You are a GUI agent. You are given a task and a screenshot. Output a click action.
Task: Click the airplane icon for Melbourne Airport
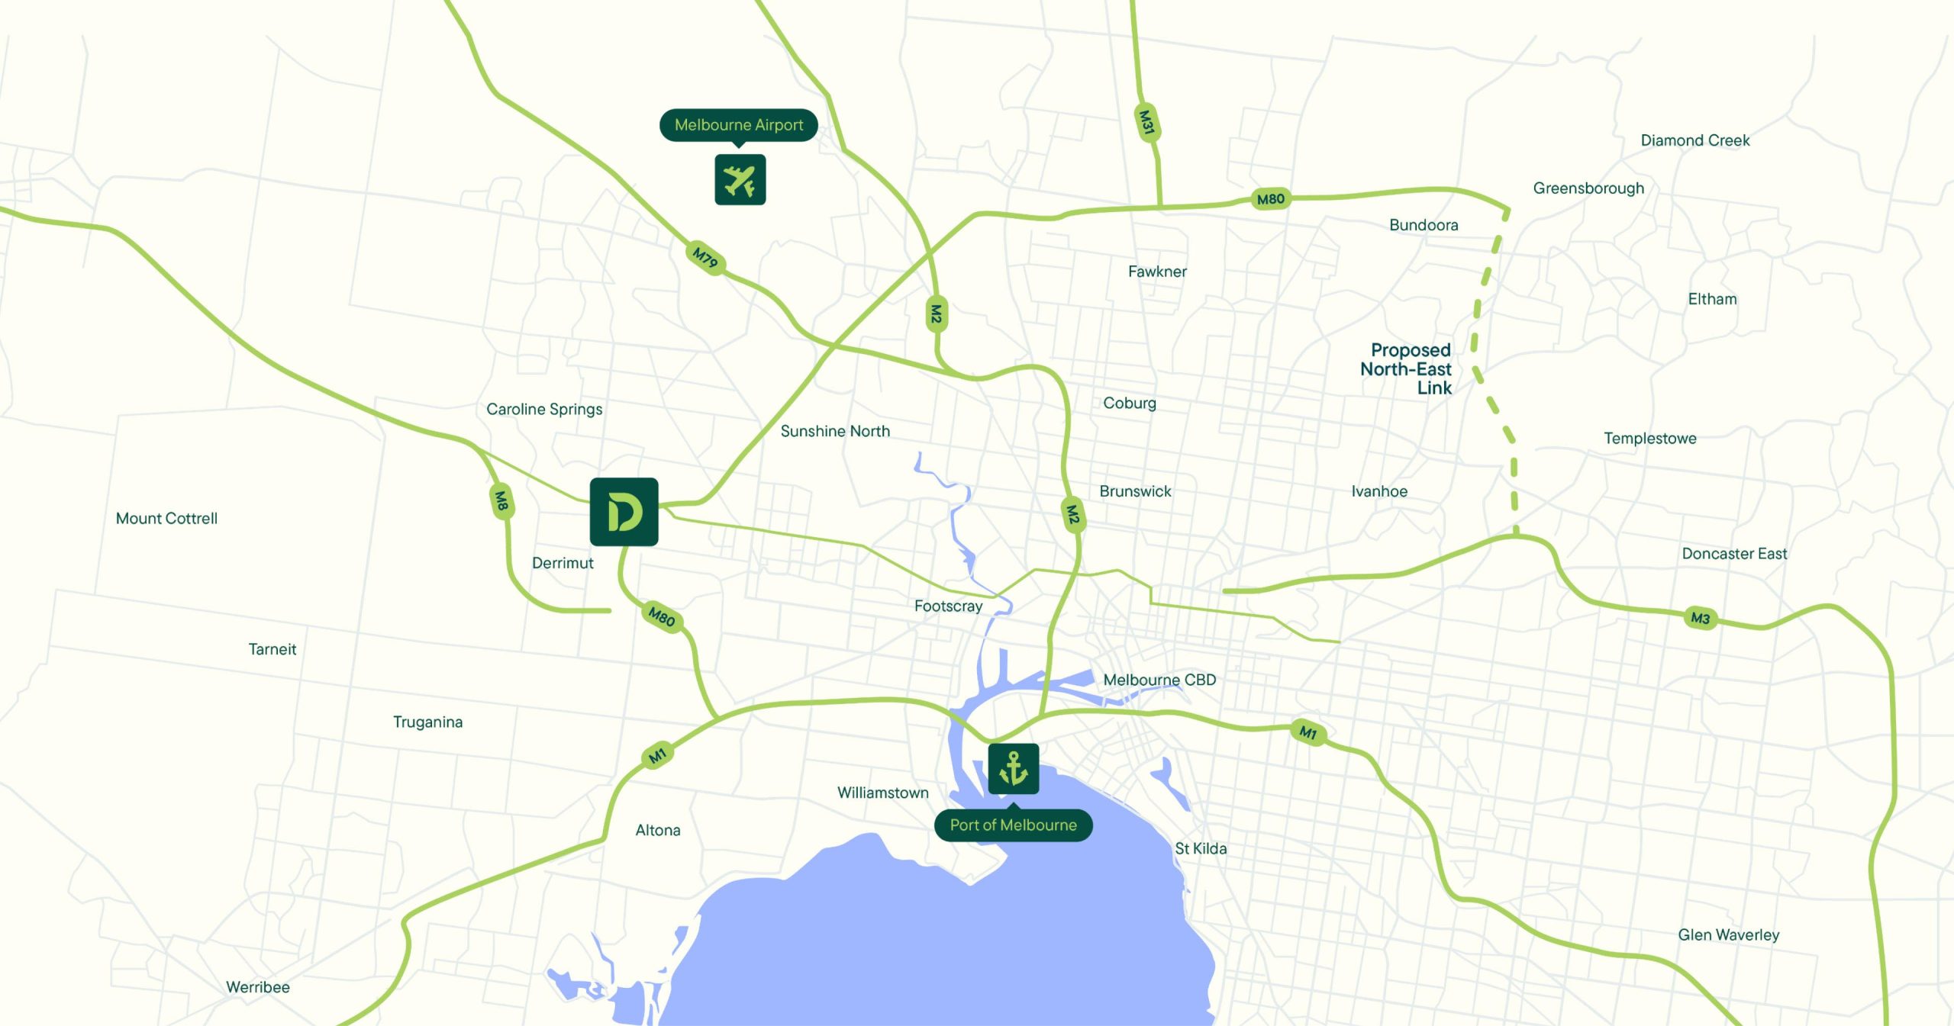(740, 180)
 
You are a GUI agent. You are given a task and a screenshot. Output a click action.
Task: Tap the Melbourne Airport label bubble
(738, 124)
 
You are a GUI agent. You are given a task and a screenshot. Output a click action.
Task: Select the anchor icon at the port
(1013, 768)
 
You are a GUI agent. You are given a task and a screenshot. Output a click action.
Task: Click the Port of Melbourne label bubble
(1013, 825)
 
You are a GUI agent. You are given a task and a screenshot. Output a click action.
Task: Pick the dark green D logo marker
(624, 511)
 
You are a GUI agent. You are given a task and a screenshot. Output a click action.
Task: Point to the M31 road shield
(1146, 122)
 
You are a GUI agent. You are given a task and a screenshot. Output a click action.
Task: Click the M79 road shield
(705, 258)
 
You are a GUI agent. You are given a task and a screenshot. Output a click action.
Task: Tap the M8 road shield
(501, 500)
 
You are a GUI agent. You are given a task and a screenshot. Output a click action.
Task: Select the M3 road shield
(1700, 618)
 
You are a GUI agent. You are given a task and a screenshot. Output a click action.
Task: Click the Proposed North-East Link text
(1406, 369)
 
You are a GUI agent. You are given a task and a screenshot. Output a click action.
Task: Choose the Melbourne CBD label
(1159, 680)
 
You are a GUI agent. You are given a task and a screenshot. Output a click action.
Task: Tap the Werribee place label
(258, 987)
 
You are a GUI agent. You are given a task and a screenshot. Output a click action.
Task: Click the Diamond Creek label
(1694, 140)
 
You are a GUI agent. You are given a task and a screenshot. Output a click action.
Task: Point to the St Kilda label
(1201, 848)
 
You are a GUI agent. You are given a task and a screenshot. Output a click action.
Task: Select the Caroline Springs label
(544, 409)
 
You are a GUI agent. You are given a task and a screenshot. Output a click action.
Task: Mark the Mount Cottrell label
(166, 519)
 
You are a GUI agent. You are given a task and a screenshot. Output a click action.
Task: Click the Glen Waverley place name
(1728, 934)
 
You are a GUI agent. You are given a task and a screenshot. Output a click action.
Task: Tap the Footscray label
(948, 606)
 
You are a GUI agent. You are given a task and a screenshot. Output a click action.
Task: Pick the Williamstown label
(882, 793)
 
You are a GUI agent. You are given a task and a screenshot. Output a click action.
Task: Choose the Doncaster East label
(1734, 554)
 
